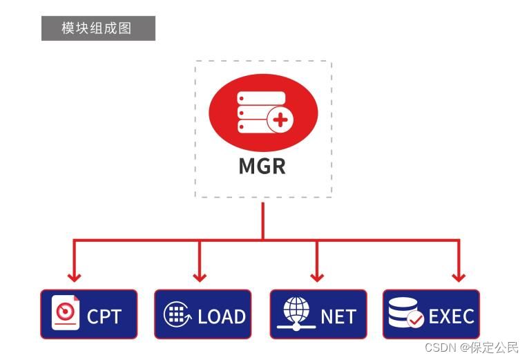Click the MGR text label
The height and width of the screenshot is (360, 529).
point(262,167)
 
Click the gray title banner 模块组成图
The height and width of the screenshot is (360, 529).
point(98,28)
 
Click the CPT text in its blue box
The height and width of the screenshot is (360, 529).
point(104,316)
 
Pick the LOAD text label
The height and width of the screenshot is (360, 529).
point(221,316)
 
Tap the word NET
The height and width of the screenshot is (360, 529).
point(338,316)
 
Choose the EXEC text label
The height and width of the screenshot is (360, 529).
point(451,316)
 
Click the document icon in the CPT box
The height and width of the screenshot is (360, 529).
point(66,312)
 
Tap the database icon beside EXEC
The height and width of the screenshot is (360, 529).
point(403,312)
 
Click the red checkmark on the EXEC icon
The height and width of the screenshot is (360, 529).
point(415,320)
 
